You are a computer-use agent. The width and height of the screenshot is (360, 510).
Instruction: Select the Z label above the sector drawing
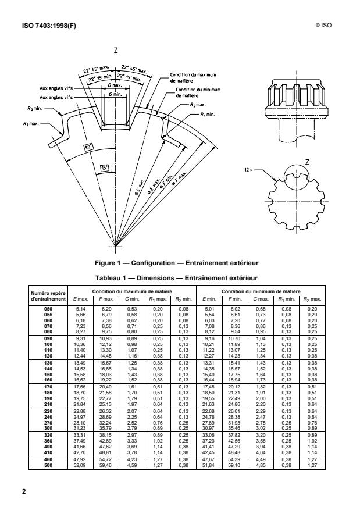coord(116,51)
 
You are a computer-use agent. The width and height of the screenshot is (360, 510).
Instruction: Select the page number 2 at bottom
coord(24,491)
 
